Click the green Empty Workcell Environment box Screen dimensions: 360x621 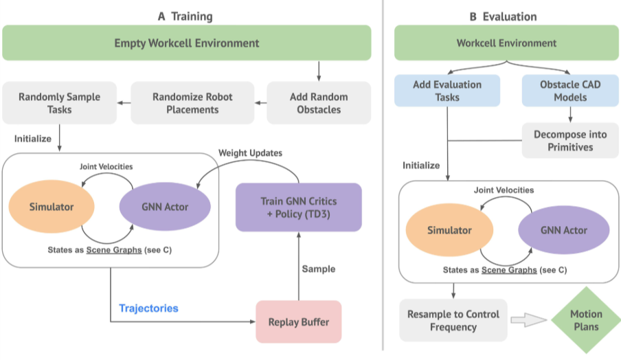tap(187, 43)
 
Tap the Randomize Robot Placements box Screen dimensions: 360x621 tap(192, 103)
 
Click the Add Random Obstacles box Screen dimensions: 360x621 tap(319, 103)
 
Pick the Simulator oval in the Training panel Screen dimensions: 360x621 tap(46, 207)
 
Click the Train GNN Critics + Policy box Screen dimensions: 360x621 tap(298, 207)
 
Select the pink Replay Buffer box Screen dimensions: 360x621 tap(298, 322)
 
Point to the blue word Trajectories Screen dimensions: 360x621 tap(148, 308)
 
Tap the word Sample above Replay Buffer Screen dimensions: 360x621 tap(319, 269)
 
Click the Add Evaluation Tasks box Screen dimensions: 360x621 tap(447, 91)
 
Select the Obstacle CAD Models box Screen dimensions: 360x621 tap(569, 91)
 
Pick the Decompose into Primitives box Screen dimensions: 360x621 tap(569, 141)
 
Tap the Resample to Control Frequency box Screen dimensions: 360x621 tap(453, 321)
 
